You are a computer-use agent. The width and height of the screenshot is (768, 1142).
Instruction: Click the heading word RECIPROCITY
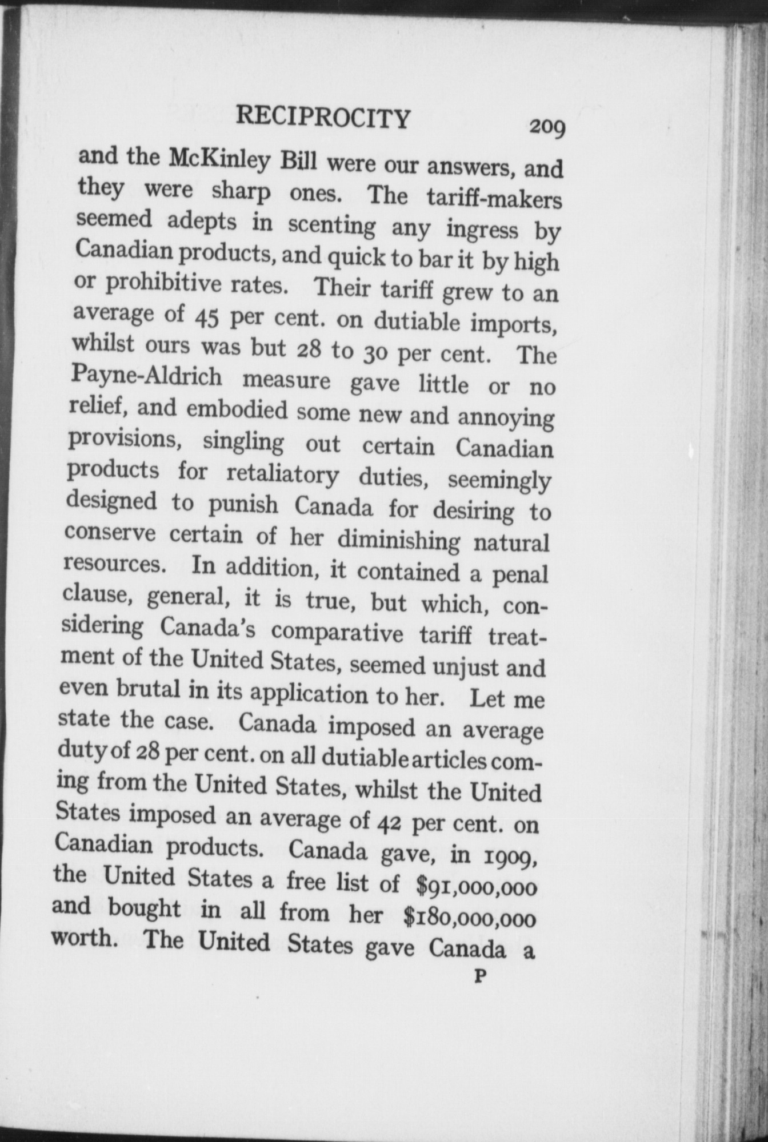323,119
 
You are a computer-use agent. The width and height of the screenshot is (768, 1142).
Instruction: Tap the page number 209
547,127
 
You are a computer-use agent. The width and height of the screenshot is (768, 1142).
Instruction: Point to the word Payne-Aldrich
147,377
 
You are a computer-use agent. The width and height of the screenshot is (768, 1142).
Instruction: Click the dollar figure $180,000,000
470,918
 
